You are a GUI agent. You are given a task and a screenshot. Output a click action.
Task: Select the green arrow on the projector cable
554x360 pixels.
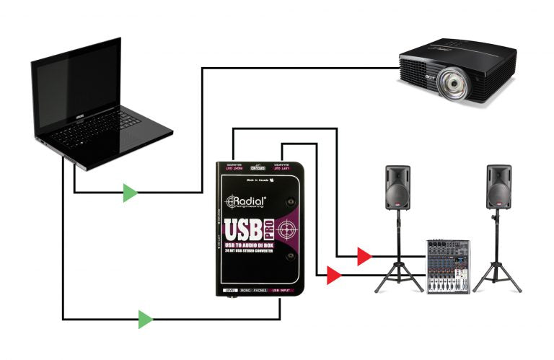click(x=130, y=193)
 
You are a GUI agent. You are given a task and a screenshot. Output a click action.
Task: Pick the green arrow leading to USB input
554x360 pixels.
click(x=146, y=319)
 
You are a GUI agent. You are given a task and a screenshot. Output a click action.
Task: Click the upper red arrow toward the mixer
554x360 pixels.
click(x=364, y=255)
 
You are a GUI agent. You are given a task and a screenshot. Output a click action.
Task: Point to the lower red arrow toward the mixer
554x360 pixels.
click(x=333, y=275)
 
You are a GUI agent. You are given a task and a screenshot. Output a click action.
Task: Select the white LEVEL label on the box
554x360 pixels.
click(x=230, y=290)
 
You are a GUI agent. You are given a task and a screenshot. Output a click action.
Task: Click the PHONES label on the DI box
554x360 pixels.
click(x=259, y=290)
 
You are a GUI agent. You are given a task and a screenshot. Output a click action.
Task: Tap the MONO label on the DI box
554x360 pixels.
click(x=245, y=290)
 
